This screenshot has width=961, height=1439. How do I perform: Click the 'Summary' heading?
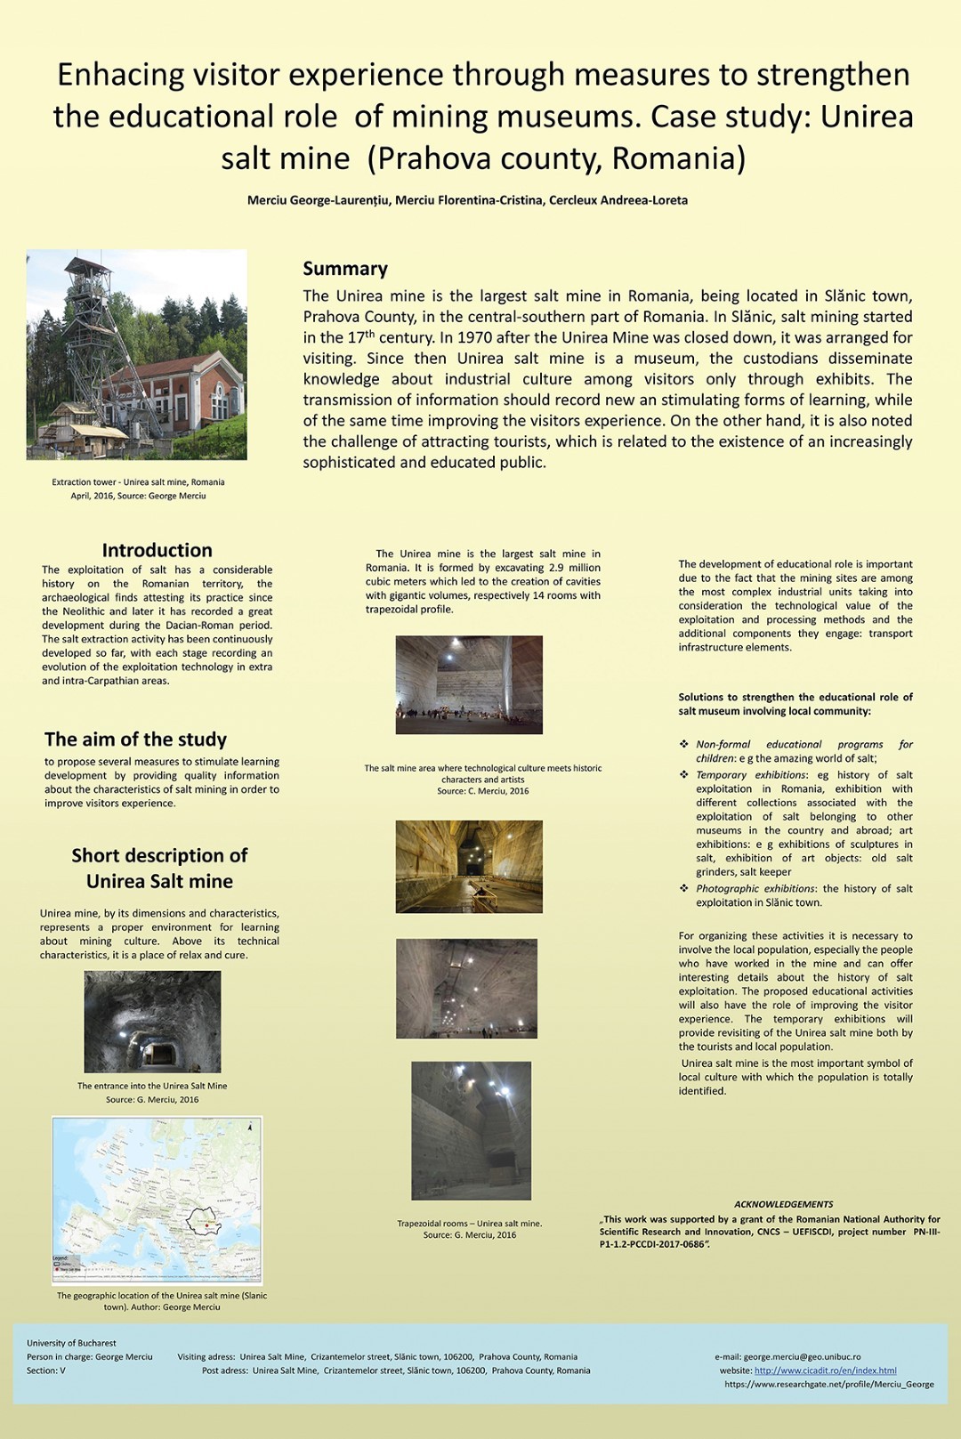point(345,269)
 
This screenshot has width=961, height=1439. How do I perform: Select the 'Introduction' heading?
point(157,550)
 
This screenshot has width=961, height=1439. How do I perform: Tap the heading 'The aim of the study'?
point(135,740)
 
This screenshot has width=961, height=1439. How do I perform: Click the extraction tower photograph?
point(137,354)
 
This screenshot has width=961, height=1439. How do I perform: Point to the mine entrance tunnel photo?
point(152,1022)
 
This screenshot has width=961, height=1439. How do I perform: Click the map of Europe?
point(157,1200)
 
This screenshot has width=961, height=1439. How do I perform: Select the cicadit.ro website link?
point(825,1370)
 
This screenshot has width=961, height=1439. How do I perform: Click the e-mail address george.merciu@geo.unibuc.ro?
point(802,1357)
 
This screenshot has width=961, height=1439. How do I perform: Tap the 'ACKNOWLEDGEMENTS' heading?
point(783,1204)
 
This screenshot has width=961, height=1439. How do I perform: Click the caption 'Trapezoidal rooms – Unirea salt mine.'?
point(469,1224)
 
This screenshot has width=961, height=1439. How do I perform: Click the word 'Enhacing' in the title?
point(120,75)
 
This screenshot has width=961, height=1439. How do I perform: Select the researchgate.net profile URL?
point(828,1385)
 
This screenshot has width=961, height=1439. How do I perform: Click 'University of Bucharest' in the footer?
point(71,1343)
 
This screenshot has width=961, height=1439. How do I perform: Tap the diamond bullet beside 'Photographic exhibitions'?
point(683,888)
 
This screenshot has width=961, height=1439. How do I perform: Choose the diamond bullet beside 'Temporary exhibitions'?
point(683,775)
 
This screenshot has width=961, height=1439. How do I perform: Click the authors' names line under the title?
point(467,200)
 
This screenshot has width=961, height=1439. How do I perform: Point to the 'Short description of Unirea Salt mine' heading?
point(159,868)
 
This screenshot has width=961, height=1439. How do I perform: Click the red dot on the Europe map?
point(206,1225)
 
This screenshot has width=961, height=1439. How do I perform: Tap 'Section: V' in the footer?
point(46,1370)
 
